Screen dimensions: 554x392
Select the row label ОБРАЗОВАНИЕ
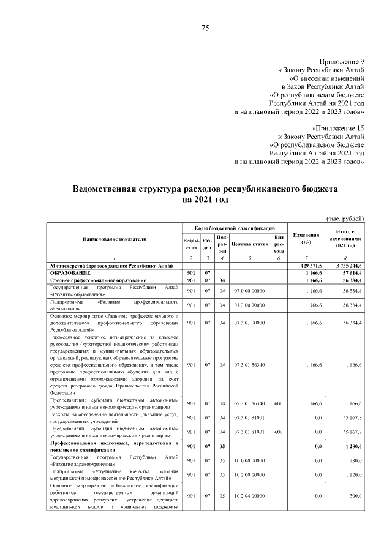point(70,272)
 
